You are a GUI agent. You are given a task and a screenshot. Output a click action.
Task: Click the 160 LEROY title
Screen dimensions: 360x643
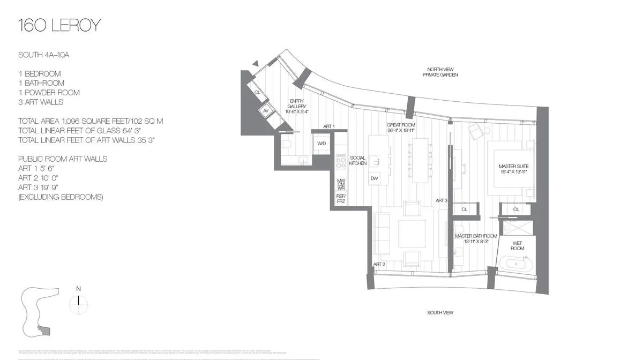point(59,25)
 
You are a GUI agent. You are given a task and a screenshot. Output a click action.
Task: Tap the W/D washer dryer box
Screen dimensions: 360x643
point(322,144)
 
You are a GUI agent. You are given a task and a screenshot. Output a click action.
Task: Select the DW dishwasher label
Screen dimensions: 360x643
point(375,178)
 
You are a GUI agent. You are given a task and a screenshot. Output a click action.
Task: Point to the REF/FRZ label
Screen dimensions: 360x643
point(341,198)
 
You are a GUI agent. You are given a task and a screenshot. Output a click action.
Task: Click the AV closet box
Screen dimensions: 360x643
point(265,111)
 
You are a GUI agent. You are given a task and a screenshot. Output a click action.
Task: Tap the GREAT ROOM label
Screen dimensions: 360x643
point(401,128)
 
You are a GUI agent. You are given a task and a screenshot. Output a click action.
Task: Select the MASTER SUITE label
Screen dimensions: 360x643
point(513,169)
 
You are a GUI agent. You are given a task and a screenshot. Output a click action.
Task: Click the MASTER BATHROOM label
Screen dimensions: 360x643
point(476,239)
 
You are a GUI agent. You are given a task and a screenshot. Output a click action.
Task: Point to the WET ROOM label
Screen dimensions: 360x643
point(517,246)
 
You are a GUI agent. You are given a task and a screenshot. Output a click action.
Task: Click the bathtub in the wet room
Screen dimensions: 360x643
point(517,264)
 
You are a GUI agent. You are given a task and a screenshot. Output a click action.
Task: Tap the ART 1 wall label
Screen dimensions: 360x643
point(329,126)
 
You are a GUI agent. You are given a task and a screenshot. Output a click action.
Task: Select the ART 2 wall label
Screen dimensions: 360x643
point(379,264)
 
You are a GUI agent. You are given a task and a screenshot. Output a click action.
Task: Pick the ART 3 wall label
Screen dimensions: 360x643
point(441,200)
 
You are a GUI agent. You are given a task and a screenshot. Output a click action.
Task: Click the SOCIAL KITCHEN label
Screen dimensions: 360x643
point(358,160)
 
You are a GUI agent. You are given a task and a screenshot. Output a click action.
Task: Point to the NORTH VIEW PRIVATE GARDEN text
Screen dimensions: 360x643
point(442,72)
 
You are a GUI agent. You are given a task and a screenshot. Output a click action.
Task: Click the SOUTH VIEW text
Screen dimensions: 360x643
point(441,312)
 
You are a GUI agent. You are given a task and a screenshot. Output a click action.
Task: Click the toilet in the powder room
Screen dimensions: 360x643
point(285,144)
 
